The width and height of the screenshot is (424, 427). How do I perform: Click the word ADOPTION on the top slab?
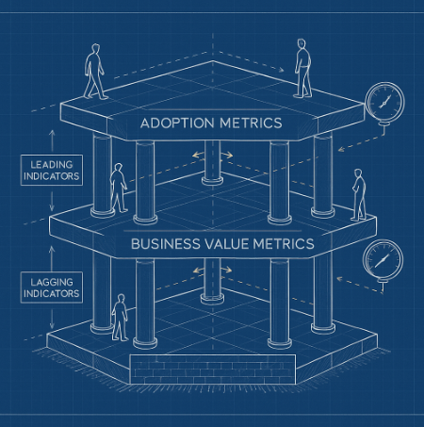[x=177, y=123]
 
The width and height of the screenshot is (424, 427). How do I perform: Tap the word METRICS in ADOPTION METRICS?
[x=251, y=123]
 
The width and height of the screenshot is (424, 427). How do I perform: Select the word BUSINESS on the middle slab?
[x=165, y=244]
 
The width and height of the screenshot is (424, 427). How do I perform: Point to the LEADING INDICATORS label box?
[x=52, y=170]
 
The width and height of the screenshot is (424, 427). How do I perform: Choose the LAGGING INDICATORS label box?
[x=52, y=287]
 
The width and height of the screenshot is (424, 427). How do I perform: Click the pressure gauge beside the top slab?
[x=384, y=103]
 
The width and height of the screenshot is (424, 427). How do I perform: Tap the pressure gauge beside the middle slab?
[x=383, y=261]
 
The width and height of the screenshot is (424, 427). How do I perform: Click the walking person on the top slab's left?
[x=94, y=72]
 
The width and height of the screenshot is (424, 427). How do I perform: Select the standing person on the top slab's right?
[x=302, y=68]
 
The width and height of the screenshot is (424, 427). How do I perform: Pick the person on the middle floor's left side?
[x=119, y=188]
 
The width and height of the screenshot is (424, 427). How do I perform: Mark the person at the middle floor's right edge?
[x=359, y=194]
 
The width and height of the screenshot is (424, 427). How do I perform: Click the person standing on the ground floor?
[x=120, y=318]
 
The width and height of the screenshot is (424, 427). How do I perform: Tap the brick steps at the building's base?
[x=213, y=370]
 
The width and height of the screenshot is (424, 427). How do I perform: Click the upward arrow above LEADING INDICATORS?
[x=52, y=140]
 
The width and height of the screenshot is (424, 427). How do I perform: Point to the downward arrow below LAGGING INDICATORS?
[x=52, y=318]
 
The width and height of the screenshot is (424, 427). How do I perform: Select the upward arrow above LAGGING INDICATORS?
[x=52, y=257]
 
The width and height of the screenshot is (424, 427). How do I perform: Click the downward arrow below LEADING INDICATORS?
[x=52, y=200]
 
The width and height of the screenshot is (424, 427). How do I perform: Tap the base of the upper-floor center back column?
[x=212, y=181]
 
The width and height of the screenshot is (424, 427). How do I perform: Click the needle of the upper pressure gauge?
[x=384, y=102]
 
